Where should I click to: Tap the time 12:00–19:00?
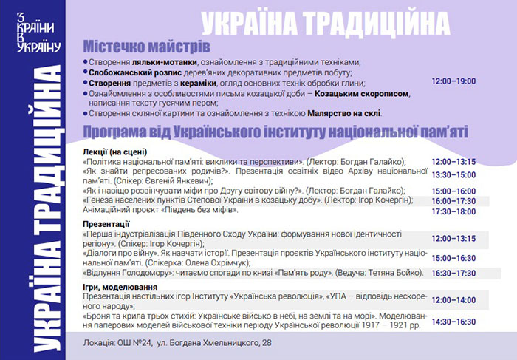453,81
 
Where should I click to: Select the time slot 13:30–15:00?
454,174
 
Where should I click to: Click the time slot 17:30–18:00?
454,211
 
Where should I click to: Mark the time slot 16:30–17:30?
454,273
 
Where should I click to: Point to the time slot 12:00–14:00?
454,300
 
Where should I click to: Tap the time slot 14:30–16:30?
454,322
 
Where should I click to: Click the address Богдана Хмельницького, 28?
218,344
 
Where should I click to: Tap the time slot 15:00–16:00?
454,191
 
